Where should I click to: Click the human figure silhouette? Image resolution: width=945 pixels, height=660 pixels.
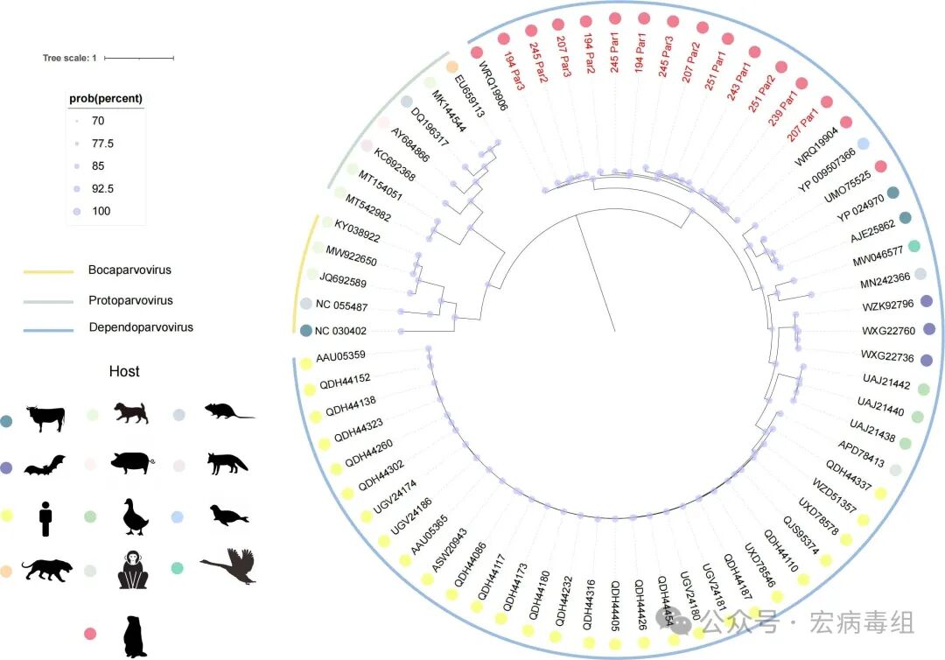46,516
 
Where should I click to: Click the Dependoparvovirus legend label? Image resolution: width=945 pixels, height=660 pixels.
140,327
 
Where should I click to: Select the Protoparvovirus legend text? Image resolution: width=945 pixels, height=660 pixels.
130,300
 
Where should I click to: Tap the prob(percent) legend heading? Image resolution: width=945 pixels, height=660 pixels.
106,98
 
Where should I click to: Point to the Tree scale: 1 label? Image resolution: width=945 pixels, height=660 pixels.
69,59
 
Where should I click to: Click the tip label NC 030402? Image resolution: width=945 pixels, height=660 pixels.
340,331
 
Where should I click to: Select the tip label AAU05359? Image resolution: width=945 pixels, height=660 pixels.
340,355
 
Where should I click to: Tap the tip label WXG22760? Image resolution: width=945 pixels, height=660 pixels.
888,331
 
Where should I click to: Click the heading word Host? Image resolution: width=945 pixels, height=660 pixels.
124,371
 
